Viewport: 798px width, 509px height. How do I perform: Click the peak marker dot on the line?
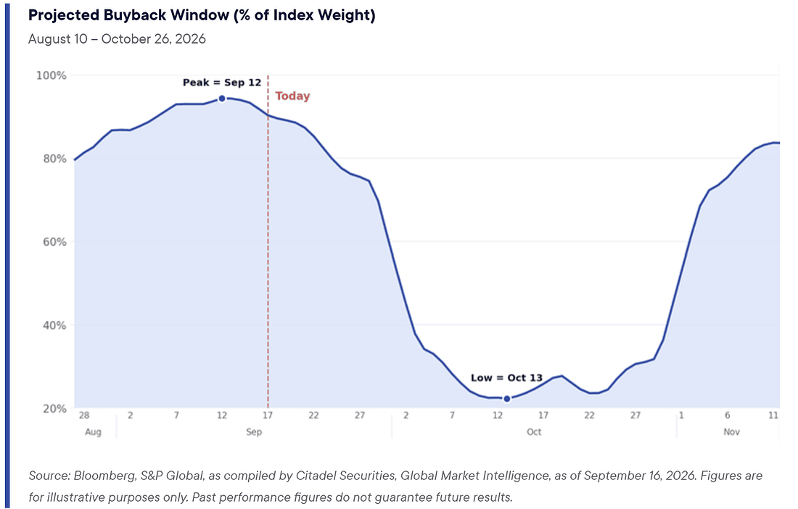coord(222,99)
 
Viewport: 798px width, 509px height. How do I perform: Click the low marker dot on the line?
coord(507,399)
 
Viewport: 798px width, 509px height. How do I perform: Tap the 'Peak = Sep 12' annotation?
coord(222,83)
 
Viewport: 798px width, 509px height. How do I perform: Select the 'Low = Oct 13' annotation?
coord(506,378)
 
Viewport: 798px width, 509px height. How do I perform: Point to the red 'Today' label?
coord(292,96)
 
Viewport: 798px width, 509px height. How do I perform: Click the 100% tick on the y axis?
coord(51,75)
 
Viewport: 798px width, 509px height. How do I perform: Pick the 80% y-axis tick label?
coord(54,159)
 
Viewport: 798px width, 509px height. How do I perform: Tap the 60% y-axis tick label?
coord(54,242)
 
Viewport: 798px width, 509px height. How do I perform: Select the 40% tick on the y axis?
coord(54,326)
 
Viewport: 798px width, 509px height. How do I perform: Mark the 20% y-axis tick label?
coord(54,408)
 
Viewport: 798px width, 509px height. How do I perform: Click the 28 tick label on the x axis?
coord(84,415)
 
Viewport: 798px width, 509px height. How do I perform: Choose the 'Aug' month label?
coord(93,432)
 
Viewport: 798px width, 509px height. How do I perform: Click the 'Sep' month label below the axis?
coord(254,432)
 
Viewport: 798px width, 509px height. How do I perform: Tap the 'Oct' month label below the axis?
coord(534,432)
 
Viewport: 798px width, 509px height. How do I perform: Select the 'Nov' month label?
coord(731,432)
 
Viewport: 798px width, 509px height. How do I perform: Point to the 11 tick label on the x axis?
coord(773,415)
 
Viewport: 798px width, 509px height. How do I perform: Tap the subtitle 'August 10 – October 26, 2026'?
coord(117,39)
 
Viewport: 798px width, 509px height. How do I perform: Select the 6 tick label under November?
coord(727,415)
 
